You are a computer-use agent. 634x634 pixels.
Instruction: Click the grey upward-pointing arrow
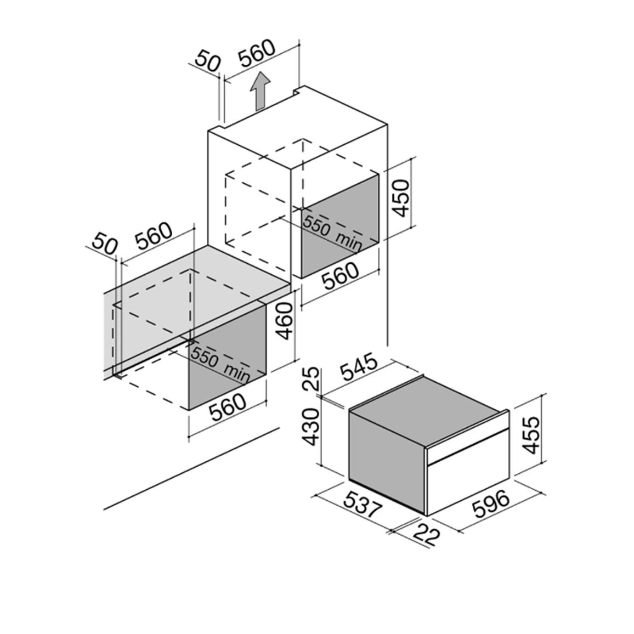click(x=259, y=92)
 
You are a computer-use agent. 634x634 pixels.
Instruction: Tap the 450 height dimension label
click(x=400, y=198)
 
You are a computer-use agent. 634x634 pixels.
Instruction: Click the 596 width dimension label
click(x=491, y=504)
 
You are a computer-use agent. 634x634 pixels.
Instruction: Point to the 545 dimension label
click(x=359, y=367)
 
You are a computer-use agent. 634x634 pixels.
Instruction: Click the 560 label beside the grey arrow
click(x=256, y=53)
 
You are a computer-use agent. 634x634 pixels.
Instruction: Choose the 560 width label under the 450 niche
click(x=340, y=276)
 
